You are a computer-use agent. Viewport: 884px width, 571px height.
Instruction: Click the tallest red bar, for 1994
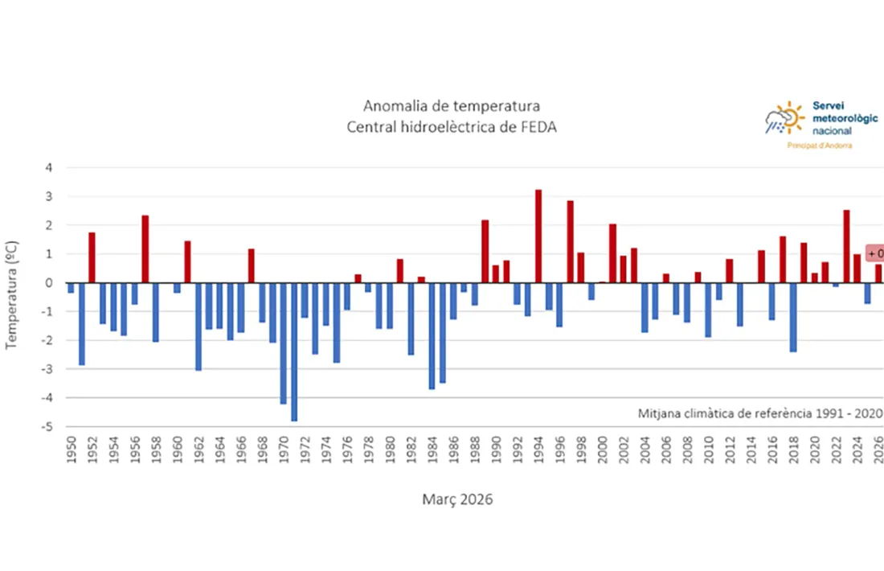(x=538, y=236)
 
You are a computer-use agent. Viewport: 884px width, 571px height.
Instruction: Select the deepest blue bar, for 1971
(x=294, y=351)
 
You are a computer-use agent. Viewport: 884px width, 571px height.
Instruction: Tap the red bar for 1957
(x=145, y=249)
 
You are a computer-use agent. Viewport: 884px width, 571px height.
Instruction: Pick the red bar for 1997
(x=570, y=241)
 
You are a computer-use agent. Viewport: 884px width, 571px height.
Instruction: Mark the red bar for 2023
(x=846, y=246)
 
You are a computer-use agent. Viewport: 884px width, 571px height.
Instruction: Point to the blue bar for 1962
(x=198, y=326)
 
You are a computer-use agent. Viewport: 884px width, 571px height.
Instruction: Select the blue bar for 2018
(x=793, y=317)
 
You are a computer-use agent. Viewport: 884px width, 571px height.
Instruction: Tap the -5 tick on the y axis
(x=48, y=427)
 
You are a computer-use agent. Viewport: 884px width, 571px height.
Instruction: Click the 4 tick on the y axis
(x=49, y=168)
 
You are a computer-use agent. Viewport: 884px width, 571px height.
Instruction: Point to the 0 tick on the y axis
(x=49, y=283)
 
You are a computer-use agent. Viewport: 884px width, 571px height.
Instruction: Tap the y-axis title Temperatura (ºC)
(x=12, y=294)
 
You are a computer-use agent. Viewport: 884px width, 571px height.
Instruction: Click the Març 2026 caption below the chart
(x=457, y=499)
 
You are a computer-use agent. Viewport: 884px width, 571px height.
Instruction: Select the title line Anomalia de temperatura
(x=452, y=106)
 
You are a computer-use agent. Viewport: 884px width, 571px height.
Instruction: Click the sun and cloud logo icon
(x=784, y=119)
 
